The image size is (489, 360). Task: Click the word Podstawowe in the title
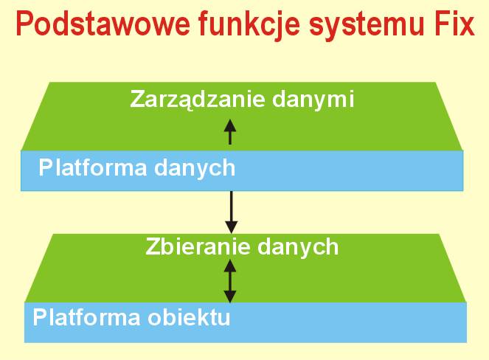click(x=103, y=23)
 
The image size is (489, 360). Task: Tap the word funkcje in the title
click(x=249, y=26)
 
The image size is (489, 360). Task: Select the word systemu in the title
click(x=367, y=27)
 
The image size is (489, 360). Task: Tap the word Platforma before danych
click(x=93, y=168)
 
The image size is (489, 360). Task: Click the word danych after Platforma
click(x=195, y=169)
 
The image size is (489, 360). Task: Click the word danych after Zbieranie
click(x=298, y=248)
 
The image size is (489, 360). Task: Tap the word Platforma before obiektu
click(x=86, y=317)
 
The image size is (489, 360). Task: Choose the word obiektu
click(x=189, y=317)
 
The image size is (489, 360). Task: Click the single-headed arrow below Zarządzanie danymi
click(x=230, y=131)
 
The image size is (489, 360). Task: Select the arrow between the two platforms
click(x=231, y=212)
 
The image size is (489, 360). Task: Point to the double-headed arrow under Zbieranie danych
click(x=230, y=281)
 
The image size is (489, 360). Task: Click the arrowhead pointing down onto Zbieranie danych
click(x=231, y=227)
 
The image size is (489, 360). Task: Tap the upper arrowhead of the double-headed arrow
click(x=230, y=266)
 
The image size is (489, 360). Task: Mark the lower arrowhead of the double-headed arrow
click(x=230, y=297)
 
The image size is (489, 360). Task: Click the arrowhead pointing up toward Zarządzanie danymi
click(x=230, y=125)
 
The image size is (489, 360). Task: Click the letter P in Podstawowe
click(x=24, y=24)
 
